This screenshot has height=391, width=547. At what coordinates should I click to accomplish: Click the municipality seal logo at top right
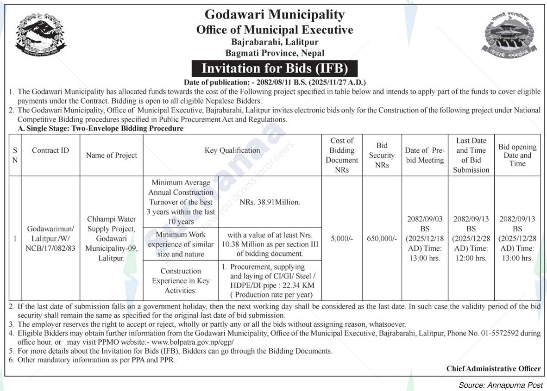point(506,36)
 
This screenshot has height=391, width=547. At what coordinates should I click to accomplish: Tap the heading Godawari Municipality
point(275,15)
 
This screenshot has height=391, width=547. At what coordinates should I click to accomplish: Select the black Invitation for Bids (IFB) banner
point(275,68)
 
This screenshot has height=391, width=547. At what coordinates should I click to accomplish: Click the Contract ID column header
point(50,150)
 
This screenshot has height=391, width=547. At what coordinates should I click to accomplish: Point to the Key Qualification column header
point(233,150)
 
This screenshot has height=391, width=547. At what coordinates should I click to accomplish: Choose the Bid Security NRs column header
point(382,155)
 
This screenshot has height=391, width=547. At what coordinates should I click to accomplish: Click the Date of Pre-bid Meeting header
point(425,155)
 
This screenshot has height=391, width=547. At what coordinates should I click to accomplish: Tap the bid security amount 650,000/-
point(382,238)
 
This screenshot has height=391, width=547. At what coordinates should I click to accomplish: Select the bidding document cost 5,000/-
point(342,238)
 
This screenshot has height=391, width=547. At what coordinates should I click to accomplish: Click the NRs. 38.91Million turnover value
point(270,202)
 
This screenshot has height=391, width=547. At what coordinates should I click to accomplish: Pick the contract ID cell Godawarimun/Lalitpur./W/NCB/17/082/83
point(50,239)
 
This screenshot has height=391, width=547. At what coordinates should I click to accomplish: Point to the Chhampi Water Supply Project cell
point(111,238)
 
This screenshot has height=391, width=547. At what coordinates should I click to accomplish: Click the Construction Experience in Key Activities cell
point(181,280)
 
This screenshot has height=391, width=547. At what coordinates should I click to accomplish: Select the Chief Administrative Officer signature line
point(493,369)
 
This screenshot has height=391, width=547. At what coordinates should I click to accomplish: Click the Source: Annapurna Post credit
point(500,385)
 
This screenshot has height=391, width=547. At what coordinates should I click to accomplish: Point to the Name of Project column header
point(111,155)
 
